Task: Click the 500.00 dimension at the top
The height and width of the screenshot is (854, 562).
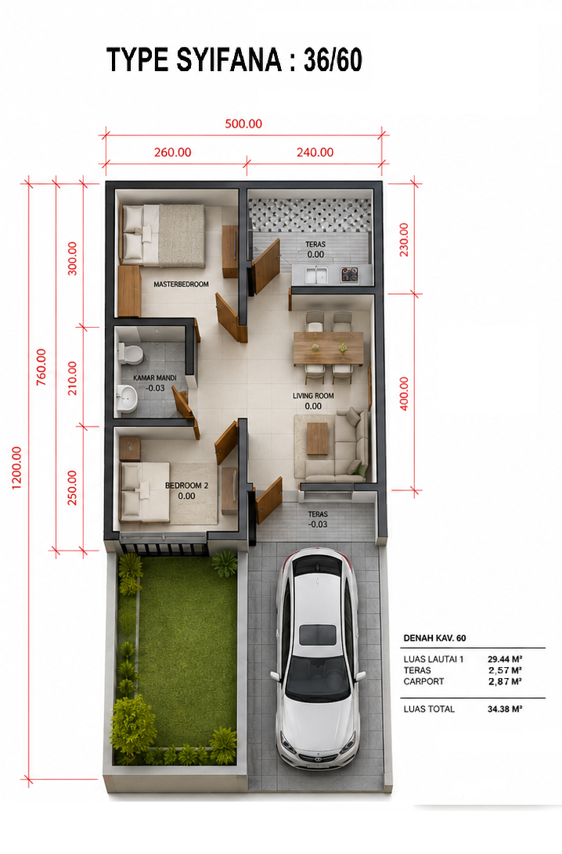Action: tap(243, 124)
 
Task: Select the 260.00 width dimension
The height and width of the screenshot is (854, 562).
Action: tap(172, 152)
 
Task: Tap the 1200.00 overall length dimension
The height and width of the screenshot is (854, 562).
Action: tap(17, 468)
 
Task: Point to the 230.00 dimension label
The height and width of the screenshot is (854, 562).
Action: tap(404, 239)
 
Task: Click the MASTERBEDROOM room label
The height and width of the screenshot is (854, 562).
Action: tap(181, 285)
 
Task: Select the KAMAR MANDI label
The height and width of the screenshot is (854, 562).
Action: tap(155, 378)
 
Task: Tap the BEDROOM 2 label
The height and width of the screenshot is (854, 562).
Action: tap(186, 486)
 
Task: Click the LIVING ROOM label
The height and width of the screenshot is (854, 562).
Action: tap(313, 396)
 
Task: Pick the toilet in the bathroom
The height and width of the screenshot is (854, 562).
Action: tap(130, 353)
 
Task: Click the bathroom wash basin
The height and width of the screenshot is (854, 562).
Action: tap(128, 397)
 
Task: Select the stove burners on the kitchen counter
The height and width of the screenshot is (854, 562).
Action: tap(349, 274)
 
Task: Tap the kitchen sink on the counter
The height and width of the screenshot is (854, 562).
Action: tap(315, 275)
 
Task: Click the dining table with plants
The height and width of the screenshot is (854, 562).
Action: tap(328, 348)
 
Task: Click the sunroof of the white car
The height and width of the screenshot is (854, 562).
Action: tap(318, 635)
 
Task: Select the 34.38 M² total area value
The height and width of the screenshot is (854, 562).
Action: tap(505, 709)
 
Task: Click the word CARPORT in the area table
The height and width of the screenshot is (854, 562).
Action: tap(423, 681)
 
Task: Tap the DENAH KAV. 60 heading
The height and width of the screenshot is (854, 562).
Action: tap(434, 638)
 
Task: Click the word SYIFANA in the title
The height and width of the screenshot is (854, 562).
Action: tap(229, 60)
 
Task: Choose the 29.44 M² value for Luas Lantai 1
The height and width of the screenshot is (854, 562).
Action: tap(505, 659)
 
